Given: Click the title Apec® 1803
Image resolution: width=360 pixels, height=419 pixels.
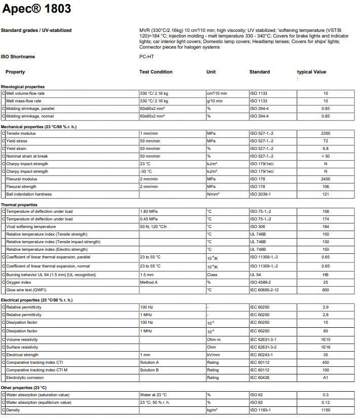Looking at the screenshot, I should [x=37, y=9].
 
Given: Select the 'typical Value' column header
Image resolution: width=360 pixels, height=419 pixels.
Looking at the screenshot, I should [x=311, y=72].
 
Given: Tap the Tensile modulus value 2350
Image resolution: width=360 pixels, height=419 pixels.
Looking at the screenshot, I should [x=326, y=134].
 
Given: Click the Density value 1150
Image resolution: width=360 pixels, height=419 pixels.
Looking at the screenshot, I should [x=326, y=410].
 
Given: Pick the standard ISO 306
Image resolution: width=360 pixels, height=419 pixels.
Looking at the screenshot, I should [x=258, y=226].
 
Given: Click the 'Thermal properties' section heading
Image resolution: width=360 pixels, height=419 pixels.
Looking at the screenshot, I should [x=19, y=205].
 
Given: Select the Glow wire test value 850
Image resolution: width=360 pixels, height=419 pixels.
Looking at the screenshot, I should [x=326, y=290].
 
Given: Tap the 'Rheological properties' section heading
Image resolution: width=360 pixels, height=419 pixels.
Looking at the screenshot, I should [x=23, y=87].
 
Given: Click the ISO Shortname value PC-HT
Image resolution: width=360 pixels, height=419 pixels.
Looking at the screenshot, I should [x=146, y=57].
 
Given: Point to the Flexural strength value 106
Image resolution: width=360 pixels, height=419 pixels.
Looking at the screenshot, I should [x=326, y=186].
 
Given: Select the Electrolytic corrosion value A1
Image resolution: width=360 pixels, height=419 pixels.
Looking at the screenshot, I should [x=326, y=377].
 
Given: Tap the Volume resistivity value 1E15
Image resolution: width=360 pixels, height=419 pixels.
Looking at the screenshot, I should [x=326, y=339].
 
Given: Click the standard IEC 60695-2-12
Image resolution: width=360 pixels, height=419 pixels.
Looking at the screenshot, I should [x=264, y=290].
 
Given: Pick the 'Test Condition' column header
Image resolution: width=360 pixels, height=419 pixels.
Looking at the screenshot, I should [x=156, y=72].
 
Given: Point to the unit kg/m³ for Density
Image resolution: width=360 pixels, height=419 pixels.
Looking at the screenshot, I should [x=212, y=410].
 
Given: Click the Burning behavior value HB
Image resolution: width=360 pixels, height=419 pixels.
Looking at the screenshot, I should [x=326, y=275].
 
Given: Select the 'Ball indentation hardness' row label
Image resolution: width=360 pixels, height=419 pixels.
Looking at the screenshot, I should [x=29, y=194].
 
